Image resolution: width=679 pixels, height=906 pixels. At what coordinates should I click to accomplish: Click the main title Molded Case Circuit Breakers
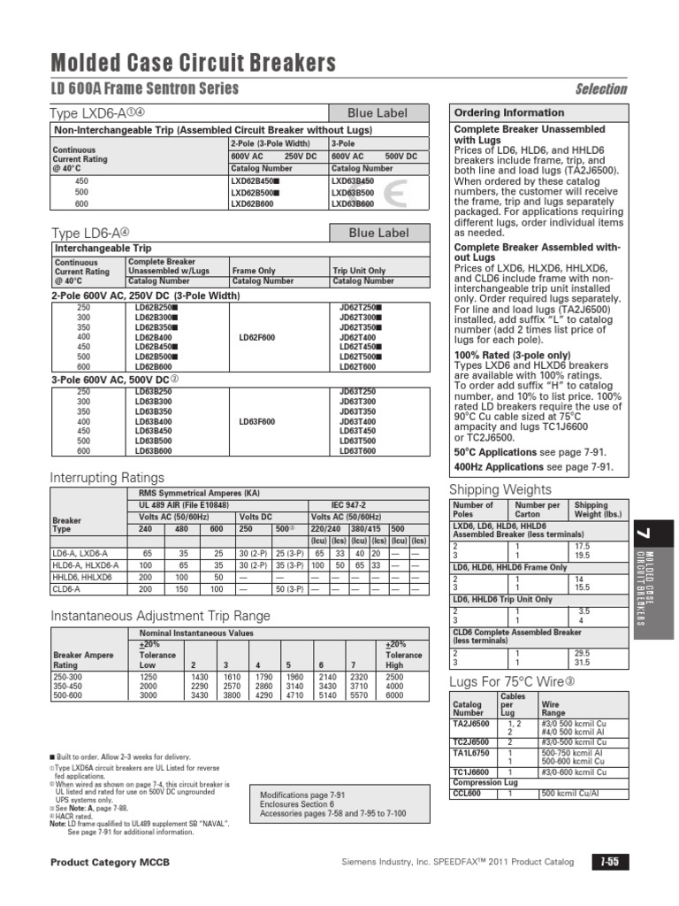click(193, 62)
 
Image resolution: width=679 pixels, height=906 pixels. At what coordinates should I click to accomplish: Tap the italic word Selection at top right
click(601, 88)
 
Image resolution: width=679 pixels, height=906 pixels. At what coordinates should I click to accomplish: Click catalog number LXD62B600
click(255, 203)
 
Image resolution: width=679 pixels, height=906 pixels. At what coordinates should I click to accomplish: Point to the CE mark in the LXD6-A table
click(395, 194)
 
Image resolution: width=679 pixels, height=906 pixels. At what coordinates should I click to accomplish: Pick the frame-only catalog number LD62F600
click(257, 337)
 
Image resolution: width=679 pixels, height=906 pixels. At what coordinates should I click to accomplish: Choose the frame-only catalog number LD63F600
click(257, 422)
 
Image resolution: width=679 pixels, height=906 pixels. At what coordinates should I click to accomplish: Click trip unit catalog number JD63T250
click(357, 390)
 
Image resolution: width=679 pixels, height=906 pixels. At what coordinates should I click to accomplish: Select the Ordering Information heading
click(508, 113)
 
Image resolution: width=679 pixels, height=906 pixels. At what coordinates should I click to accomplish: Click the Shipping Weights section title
click(500, 490)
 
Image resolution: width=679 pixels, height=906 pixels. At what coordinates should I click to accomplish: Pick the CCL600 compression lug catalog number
click(466, 794)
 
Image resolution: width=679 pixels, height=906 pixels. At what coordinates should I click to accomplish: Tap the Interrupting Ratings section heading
click(107, 478)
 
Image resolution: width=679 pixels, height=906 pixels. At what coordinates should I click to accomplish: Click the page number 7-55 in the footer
click(609, 862)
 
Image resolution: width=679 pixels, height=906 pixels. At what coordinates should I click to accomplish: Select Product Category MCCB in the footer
click(110, 862)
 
